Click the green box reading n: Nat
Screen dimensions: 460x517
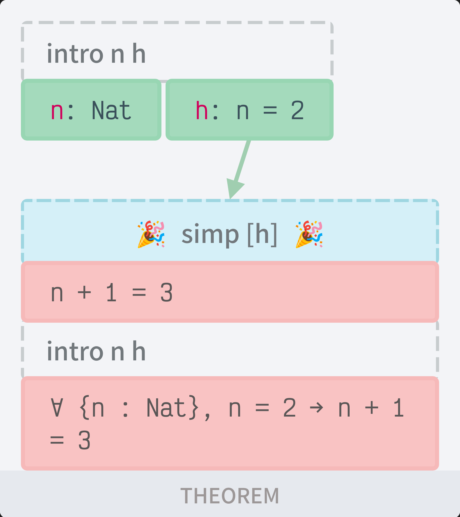click(x=91, y=109)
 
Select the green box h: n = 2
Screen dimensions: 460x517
click(x=249, y=109)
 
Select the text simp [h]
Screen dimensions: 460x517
click(x=229, y=235)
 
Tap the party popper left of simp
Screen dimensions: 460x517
click(x=151, y=234)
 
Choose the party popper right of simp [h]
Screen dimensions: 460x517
click(x=309, y=234)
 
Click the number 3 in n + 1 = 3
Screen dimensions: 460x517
click(x=166, y=293)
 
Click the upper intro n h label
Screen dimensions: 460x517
click(x=96, y=54)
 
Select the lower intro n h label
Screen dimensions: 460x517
click(x=96, y=351)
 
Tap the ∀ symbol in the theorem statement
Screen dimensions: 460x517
click(x=57, y=408)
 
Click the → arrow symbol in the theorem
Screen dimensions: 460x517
click(x=316, y=408)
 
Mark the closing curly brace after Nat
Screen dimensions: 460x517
click(x=194, y=408)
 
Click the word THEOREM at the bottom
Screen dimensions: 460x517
click(x=230, y=496)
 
